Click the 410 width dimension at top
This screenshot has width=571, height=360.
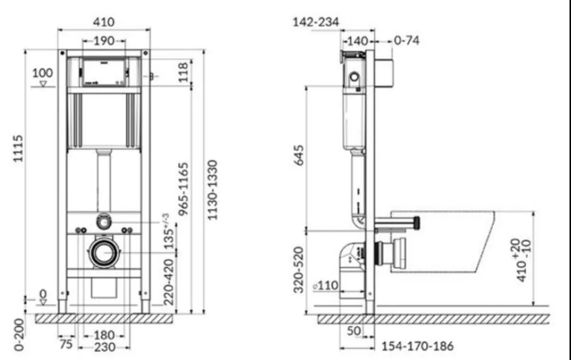click(x=104, y=22)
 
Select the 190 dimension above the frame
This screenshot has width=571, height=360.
click(x=104, y=41)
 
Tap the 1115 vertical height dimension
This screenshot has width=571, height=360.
click(x=18, y=148)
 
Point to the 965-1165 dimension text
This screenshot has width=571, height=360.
click(x=184, y=188)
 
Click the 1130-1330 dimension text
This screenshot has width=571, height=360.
click(x=213, y=189)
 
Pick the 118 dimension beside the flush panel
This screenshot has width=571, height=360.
click(x=184, y=72)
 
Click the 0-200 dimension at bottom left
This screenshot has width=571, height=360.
click(x=19, y=334)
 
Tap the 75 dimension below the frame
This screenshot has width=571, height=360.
click(x=67, y=343)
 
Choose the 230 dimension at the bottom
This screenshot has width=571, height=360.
click(x=104, y=347)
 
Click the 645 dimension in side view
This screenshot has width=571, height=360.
click(x=298, y=160)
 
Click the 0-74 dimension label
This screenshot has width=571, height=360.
click(x=407, y=41)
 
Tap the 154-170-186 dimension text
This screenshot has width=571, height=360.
click(x=417, y=346)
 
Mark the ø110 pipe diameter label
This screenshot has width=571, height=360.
click(x=326, y=286)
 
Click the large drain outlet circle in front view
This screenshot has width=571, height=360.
click(x=104, y=253)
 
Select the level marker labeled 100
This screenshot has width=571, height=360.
click(x=43, y=74)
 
